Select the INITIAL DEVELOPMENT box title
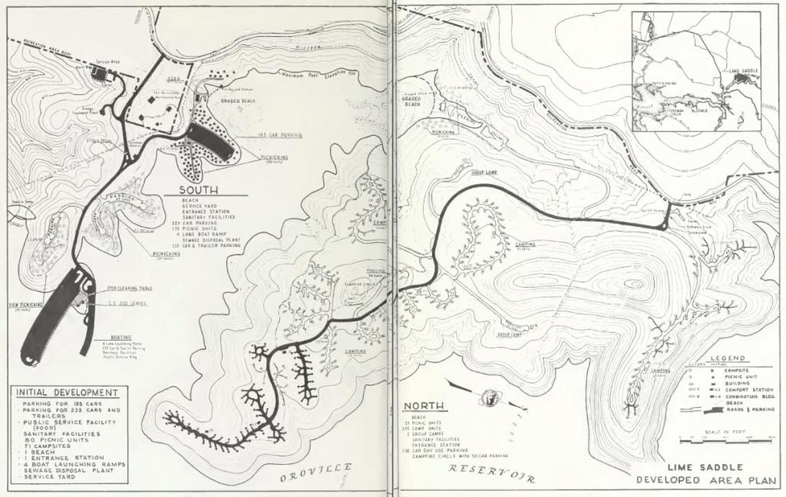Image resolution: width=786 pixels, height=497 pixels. tap(67, 393)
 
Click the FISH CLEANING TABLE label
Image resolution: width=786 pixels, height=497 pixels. tap(130, 288)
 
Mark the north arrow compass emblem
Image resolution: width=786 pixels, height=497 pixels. tap(490, 397)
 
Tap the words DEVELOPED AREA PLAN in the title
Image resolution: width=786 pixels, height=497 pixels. tap(706, 480)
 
